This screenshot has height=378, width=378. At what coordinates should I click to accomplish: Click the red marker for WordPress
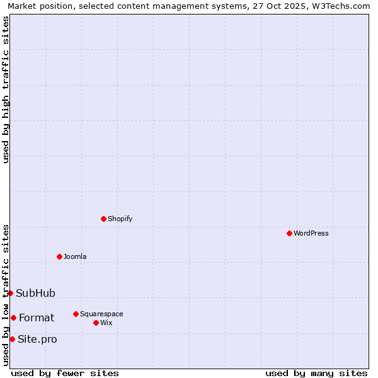pyautogui.click(x=289, y=233)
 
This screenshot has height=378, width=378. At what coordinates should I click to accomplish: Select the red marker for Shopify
pyautogui.click(x=103, y=219)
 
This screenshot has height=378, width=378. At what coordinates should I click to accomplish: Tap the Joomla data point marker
pyautogui.click(x=59, y=256)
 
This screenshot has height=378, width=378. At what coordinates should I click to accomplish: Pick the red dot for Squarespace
pyautogui.click(x=76, y=314)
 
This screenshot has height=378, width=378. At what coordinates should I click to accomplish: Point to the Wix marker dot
pyautogui.click(x=96, y=323)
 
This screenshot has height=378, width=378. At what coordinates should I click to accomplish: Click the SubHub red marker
pyautogui.click(x=10, y=293)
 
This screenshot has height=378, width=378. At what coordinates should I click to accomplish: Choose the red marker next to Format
pyautogui.click(x=13, y=318)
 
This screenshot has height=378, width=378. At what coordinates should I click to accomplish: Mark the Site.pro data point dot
pyautogui.click(x=12, y=339)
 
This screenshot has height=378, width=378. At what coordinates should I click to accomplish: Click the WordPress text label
pyautogui.click(x=311, y=233)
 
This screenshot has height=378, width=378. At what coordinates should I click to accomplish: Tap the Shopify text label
pyautogui.click(x=120, y=219)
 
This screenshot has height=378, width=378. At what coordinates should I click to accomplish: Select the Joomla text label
pyautogui.click(x=75, y=256)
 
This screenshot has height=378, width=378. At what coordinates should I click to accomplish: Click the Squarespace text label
pyautogui.click(x=101, y=314)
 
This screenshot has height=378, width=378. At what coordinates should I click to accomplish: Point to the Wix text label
pyautogui.click(x=106, y=323)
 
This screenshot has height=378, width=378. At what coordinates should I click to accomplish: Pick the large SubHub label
pyautogui.click(x=35, y=293)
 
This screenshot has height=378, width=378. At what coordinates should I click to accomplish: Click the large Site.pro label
pyautogui.click(x=37, y=340)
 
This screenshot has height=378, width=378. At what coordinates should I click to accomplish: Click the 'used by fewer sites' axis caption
pyautogui.click(x=65, y=373)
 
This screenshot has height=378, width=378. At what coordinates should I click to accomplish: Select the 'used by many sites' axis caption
pyautogui.click(x=316, y=373)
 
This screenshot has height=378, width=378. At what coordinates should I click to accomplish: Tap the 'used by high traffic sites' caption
pyautogui.click(x=6, y=89)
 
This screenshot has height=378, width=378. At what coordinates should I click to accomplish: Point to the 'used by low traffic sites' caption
pyautogui.click(x=6, y=295)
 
